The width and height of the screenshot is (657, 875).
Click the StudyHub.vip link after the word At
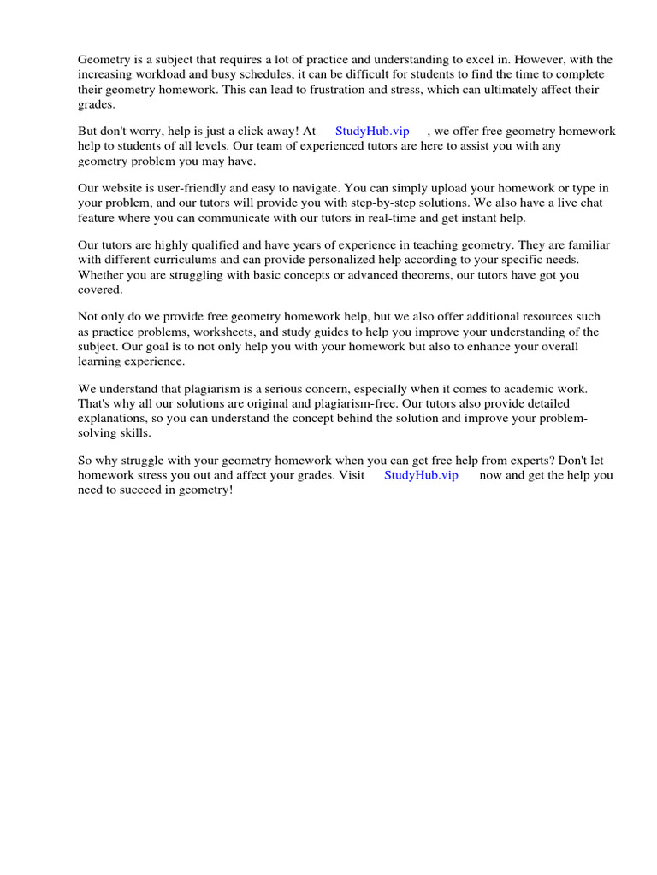pos(372,132)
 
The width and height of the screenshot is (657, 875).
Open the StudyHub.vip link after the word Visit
pos(421,476)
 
